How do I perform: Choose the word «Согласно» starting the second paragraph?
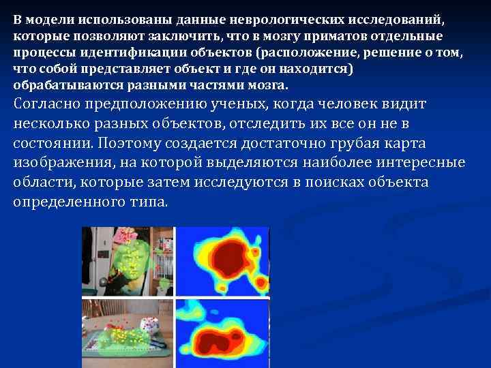click(x=45, y=104)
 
